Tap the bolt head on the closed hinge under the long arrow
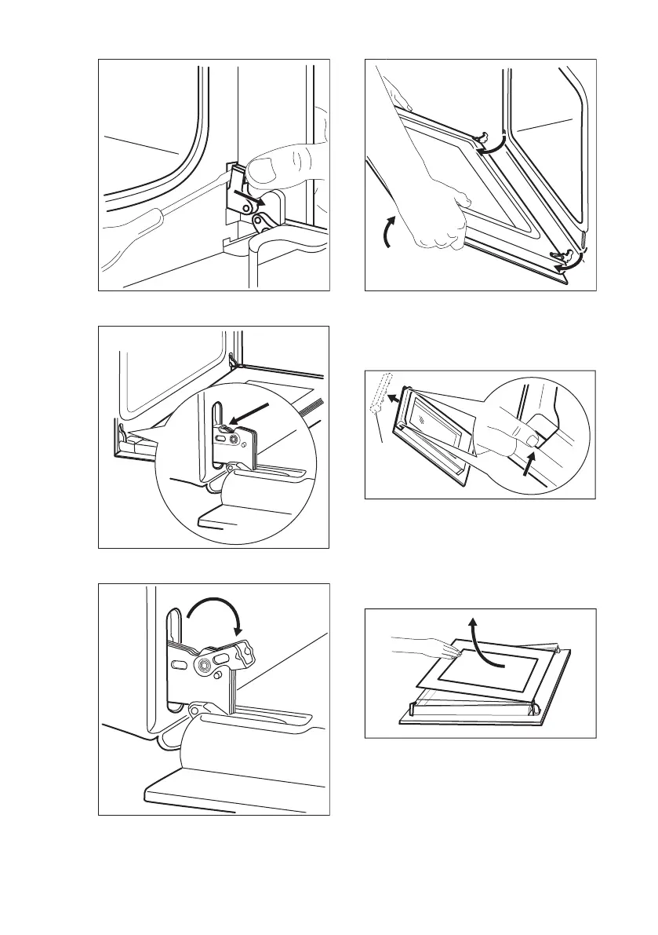233,441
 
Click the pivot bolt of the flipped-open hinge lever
205,664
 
